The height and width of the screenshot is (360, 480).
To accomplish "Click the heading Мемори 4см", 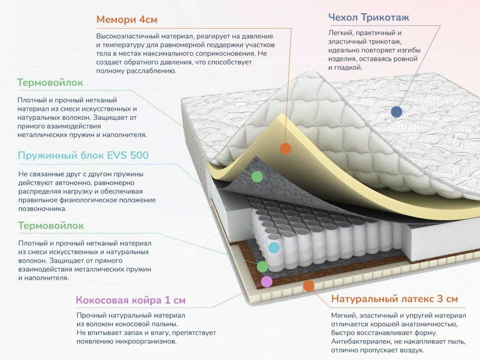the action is click(x=127, y=20).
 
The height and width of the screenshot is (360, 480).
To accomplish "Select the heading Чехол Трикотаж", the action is click(x=369, y=18).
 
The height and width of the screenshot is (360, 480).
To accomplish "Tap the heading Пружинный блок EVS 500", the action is click(x=83, y=156).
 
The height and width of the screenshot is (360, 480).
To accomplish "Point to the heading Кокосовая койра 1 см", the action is click(x=131, y=300).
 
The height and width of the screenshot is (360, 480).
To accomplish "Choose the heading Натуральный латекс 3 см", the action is click(x=394, y=299).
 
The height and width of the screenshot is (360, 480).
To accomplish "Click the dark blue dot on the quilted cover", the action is click(x=396, y=111).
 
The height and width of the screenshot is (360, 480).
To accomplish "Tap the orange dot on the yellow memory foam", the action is click(x=285, y=148).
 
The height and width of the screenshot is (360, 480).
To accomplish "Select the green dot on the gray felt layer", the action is click(x=257, y=177).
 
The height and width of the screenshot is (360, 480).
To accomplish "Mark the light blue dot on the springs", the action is click(x=273, y=248).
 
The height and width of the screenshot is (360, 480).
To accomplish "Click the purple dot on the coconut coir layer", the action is click(x=266, y=281).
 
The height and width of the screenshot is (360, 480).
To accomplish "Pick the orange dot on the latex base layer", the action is click(x=308, y=285).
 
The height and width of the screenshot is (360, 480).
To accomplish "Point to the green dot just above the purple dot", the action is click(x=262, y=267).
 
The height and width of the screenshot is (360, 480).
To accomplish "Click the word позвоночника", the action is click(x=42, y=209).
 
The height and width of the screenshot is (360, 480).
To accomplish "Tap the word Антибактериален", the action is click(x=360, y=342).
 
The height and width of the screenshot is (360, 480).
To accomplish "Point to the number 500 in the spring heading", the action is click(x=139, y=156).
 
